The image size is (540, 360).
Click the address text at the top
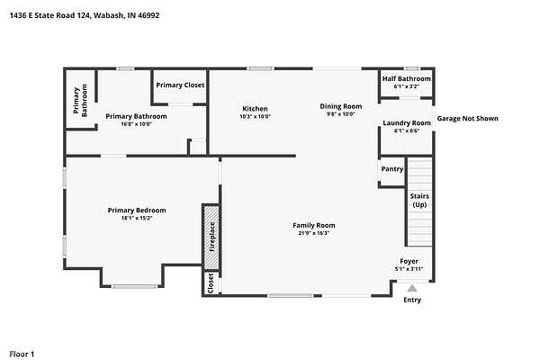pyautogui.click(x=85, y=15)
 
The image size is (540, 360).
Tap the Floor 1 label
pyautogui.click(x=22, y=354)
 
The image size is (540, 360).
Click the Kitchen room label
pyautogui.click(x=255, y=109)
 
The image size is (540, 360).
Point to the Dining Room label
pyautogui.click(x=340, y=106)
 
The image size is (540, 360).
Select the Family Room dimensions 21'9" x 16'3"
pyautogui.click(x=314, y=233)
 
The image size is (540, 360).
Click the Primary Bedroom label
pyautogui.click(x=137, y=210)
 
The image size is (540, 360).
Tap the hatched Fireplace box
pyautogui.click(x=211, y=237)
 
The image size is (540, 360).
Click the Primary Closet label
pyautogui.click(x=180, y=85)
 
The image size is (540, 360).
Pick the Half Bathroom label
pyautogui.click(x=407, y=78)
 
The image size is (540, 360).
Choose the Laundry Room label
pyautogui.click(x=407, y=123)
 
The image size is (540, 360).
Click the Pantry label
pyautogui.click(x=392, y=169)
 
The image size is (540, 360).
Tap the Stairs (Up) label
pyautogui.click(x=419, y=200)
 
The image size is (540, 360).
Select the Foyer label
pyautogui.click(x=409, y=261)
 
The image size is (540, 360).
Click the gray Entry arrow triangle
pyautogui.click(x=412, y=288)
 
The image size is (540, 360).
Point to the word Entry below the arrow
pyautogui.click(x=412, y=300)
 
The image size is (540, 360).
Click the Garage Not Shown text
pyautogui.click(x=467, y=119)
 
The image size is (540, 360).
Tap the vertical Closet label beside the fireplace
pyautogui.click(x=211, y=283)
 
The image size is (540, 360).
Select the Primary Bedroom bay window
pyautogui.click(x=134, y=286)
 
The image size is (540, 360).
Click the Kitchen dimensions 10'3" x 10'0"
pyautogui.click(x=256, y=116)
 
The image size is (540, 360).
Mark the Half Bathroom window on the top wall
pyautogui.click(x=412, y=68)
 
